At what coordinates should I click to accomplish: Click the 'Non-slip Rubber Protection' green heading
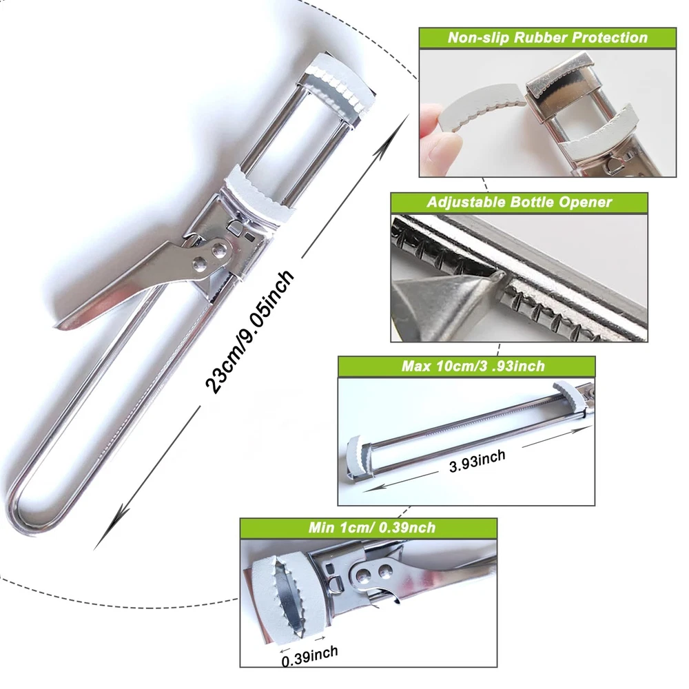point(548,38)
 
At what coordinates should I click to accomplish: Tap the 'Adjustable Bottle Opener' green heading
point(519,202)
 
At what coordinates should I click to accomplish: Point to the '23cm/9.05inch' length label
point(249,331)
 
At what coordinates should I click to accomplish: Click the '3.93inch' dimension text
point(477,461)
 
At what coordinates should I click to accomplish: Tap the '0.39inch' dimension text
point(310,656)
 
